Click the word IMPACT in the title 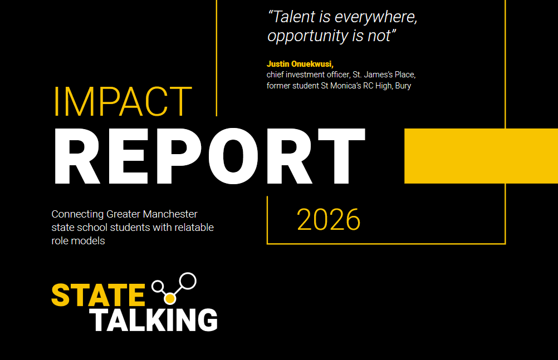tap(123, 101)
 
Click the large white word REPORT tap(209, 156)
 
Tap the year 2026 tap(329, 219)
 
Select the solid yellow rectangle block tap(481, 156)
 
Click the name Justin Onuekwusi tap(300, 64)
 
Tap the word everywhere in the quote tap(376, 17)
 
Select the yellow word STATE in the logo tap(98, 295)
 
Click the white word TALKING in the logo tap(153, 320)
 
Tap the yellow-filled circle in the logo tap(170, 298)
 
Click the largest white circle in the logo tap(187, 281)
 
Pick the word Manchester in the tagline tap(170, 214)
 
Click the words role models tap(78, 241)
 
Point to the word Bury tap(403, 86)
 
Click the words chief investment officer tap(308, 75)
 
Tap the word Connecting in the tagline tap(77, 215)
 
